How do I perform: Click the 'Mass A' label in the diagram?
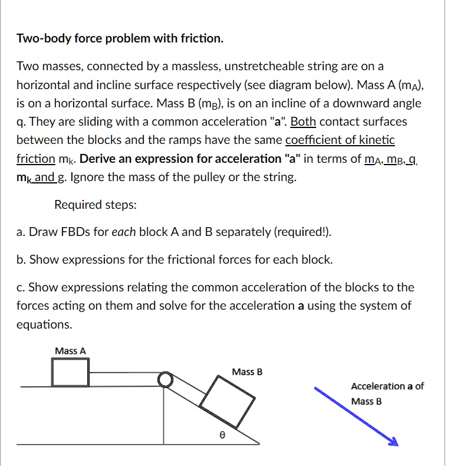70,351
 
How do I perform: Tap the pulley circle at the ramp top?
166,379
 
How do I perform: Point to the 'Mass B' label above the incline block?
247,372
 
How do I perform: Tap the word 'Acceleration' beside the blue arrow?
378,386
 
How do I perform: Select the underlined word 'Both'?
304,122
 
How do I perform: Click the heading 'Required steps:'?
96,205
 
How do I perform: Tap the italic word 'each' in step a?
124,232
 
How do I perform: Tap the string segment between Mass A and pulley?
124,372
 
